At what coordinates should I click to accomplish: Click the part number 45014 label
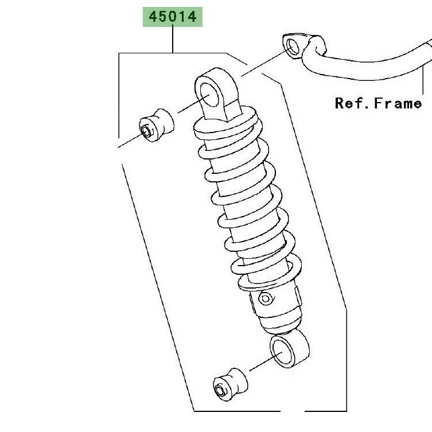tap(173, 17)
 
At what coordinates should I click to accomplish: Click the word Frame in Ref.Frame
tap(398, 104)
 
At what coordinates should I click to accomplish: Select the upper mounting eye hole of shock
tap(209, 95)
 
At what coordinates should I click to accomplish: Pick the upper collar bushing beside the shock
tap(157, 125)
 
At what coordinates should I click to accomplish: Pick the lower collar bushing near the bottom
tap(230, 384)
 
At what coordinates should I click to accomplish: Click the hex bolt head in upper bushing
tap(146, 131)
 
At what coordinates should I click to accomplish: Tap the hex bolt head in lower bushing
tap(220, 391)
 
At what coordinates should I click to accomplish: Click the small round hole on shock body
tap(266, 298)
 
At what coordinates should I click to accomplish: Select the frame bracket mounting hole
tap(293, 46)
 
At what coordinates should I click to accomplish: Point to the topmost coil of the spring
tap(228, 123)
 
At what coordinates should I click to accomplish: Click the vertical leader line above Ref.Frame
tap(423, 80)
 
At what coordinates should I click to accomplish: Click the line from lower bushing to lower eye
tap(266, 361)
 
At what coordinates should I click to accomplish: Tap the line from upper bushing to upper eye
tap(194, 104)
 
